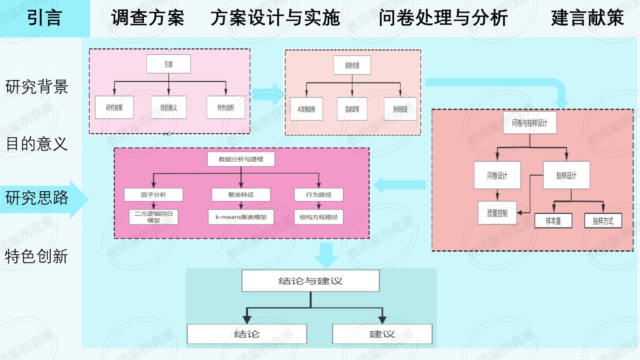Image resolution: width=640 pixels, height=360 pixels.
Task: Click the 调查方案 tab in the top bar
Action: point(148,18)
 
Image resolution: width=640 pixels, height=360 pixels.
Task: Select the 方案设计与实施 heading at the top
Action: point(275,18)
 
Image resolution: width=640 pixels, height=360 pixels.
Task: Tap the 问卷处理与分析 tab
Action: point(443,18)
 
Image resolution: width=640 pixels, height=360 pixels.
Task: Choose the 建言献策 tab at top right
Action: point(587,18)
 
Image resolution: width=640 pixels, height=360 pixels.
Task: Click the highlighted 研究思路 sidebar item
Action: point(37,198)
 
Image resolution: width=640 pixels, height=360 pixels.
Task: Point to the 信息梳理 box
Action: point(352,65)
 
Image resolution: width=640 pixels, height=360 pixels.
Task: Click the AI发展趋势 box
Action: point(306,109)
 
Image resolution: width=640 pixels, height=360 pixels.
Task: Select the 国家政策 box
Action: point(352,109)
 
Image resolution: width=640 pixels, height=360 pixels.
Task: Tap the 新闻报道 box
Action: point(400,109)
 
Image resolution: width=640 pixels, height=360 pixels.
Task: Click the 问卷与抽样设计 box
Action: point(530,123)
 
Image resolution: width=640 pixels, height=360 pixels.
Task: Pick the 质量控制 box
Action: point(497,213)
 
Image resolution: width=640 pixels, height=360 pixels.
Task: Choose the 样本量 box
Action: point(553,221)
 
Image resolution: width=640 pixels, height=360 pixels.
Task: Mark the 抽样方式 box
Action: point(603,221)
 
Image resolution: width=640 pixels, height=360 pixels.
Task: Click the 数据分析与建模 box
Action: point(241,159)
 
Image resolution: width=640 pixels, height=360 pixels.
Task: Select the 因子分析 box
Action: point(153,195)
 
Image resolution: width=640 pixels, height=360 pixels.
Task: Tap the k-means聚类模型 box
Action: point(241,217)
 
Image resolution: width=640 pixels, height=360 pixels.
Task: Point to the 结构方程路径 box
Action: point(318,217)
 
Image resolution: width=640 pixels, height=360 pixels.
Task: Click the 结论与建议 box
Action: point(310,281)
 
